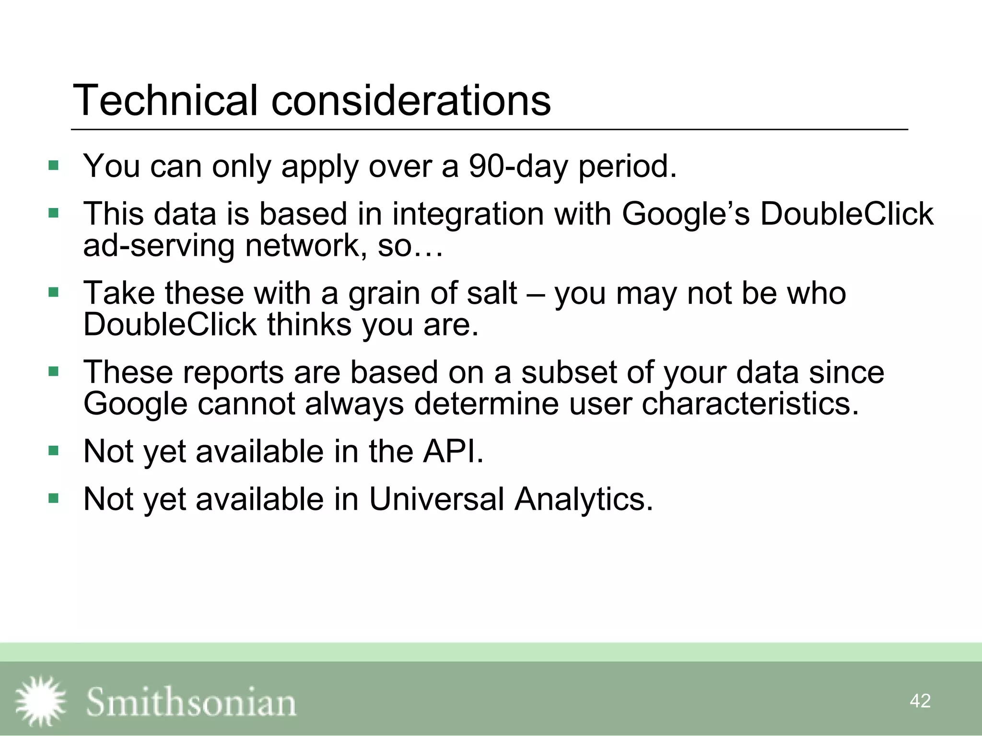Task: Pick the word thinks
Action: [x=310, y=324]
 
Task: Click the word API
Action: [x=453, y=451]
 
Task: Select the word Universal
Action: [x=436, y=499]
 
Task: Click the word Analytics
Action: [x=584, y=499]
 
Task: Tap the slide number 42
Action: [x=920, y=701]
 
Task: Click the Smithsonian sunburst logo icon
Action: [x=40, y=701]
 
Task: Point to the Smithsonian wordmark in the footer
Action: [x=191, y=702]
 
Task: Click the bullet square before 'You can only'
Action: [x=53, y=166]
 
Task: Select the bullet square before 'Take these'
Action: [x=53, y=292]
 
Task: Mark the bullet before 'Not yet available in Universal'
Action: [x=53, y=499]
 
